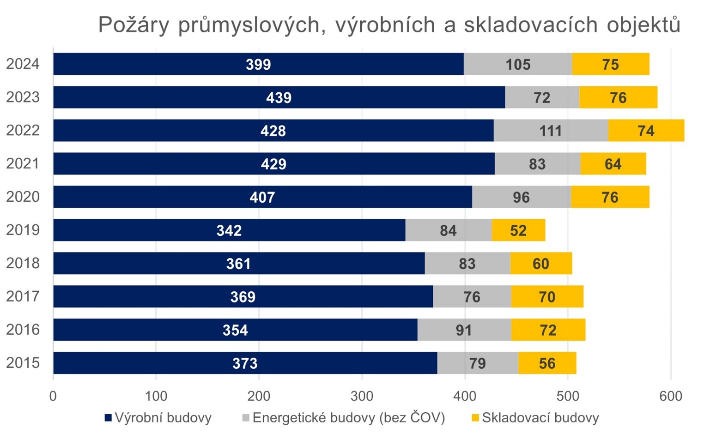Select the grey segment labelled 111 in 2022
point(551,131)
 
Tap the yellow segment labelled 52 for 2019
point(518,230)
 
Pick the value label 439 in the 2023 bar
point(279,98)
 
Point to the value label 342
point(229,230)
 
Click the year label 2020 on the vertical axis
point(23,197)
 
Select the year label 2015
point(23,363)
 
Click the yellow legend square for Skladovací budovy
point(475,418)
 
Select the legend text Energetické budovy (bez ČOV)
point(348,418)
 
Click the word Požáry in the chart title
point(134,25)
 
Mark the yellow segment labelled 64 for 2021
point(613,164)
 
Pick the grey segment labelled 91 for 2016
point(464,330)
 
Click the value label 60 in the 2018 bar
point(540,264)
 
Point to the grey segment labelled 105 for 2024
point(518,64)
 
